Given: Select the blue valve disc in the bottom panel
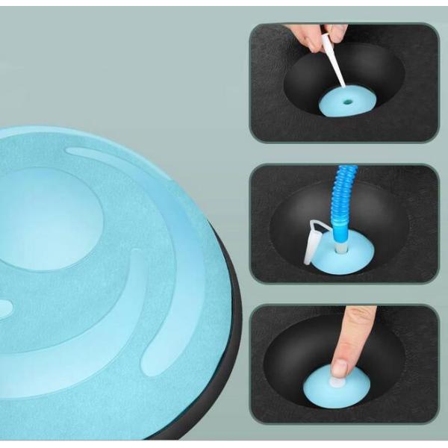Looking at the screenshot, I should tap(366, 388).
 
